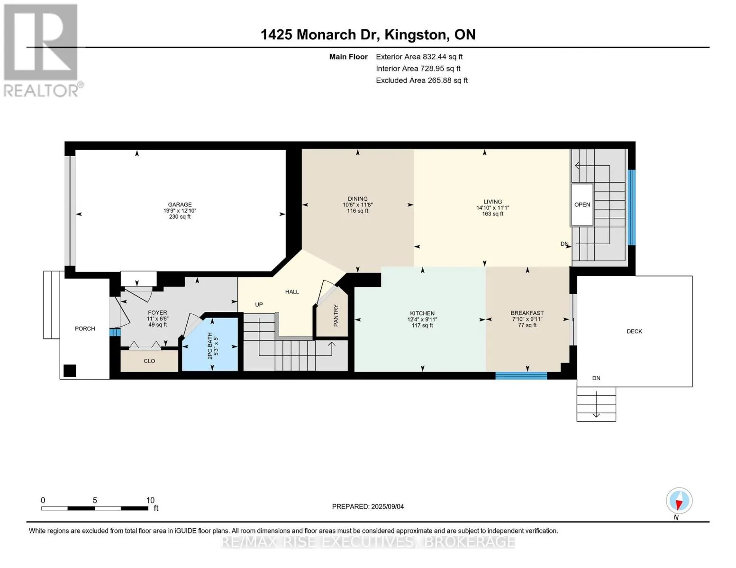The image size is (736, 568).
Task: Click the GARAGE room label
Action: [x=180, y=204]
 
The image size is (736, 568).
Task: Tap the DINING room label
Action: [x=358, y=199]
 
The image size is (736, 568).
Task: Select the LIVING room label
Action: [x=493, y=202]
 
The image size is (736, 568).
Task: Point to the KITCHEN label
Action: [x=422, y=314]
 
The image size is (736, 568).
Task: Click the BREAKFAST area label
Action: [x=527, y=313]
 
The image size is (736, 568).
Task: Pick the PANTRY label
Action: [x=336, y=316]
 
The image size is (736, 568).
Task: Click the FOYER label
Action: [x=157, y=313]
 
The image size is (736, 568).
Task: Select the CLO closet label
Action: [x=149, y=361]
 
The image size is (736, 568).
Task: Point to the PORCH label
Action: [x=85, y=329]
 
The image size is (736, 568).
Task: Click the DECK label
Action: [x=635, y=331]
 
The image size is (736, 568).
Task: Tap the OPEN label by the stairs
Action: [x=582, y=204]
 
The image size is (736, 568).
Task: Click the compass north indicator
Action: [x=679, y=501]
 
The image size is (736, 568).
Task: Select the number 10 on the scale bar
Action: [x=150, y=500]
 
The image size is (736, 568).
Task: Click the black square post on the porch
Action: [x=70, y=371]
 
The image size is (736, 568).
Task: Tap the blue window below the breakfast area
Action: [x=521, y=375]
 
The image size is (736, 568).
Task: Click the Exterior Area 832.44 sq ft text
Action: [x=419, y=57]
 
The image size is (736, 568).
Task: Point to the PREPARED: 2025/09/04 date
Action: [x=368, y=506]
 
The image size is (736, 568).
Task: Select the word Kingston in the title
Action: [x=415, y=35]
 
